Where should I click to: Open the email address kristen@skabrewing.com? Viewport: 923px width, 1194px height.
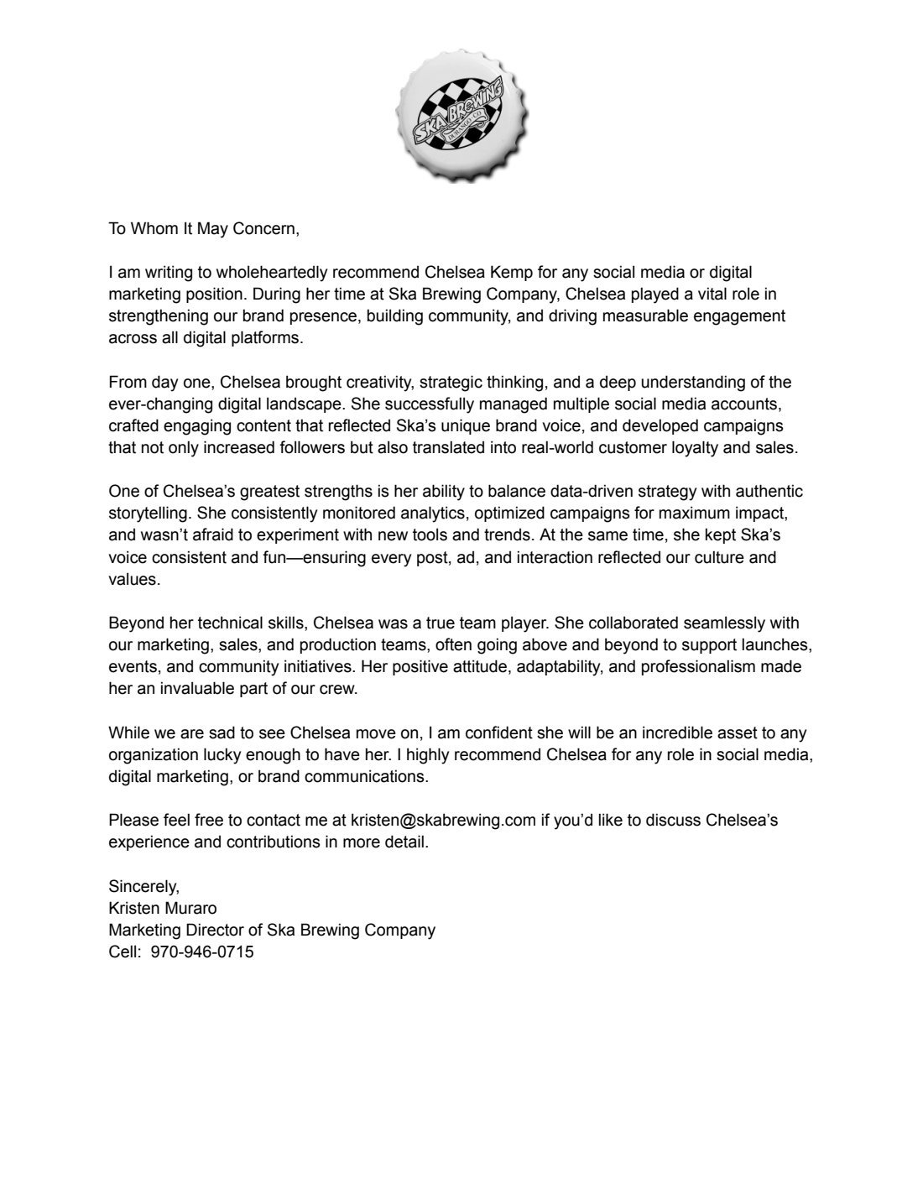click(x=443, y=820)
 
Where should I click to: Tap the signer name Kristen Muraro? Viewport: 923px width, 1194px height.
click(x=164, y=908)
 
